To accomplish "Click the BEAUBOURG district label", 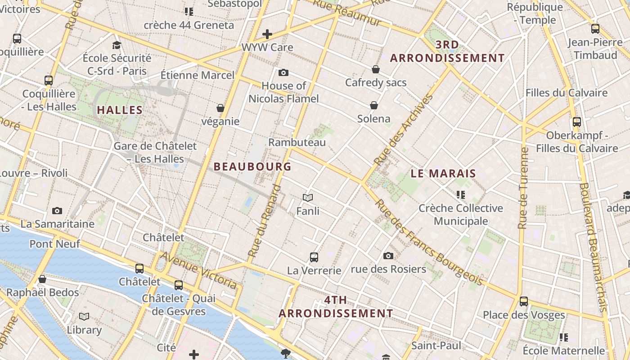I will click(x=252, y=166).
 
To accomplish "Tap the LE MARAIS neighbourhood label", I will click(x=443, y=173).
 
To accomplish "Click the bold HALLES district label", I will click(x=120, y=110).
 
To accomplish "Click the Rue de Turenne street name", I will click(x=523, y=188).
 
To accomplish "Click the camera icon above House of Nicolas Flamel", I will click(x=283, y=72).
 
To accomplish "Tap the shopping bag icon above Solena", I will click(x=374, y=105).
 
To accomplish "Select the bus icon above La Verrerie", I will click(x=314, y=257).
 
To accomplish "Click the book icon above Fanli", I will click(x=308, y=198).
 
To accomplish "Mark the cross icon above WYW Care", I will click(x=267, y=34).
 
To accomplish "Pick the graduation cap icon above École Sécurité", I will click(x=117, y=45).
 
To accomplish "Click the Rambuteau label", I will click(x=297, y=142).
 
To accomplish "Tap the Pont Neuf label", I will click(x=55, y=244).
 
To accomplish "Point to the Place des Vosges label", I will click(x=524, y=315).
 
